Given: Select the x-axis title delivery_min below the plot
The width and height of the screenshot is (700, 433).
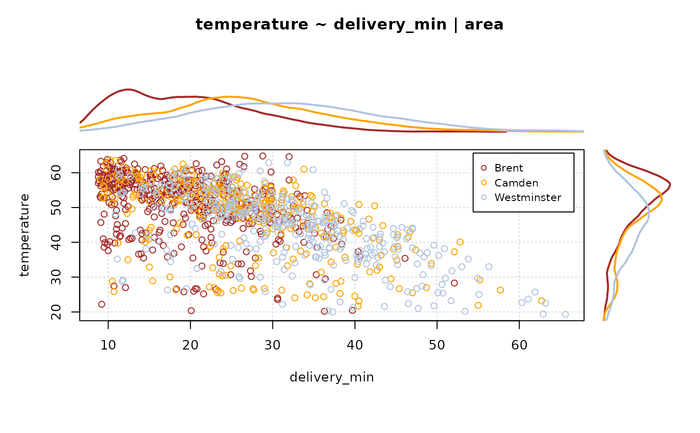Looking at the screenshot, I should [331, 377].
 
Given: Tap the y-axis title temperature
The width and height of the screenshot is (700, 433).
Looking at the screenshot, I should [24, 235].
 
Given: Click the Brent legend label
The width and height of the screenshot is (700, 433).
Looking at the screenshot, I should [508, 167].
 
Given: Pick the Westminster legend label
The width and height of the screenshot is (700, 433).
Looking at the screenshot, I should [527, 197].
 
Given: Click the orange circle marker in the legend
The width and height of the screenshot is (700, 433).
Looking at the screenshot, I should [483, 182].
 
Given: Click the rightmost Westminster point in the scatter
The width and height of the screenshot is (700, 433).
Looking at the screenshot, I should [565, 314].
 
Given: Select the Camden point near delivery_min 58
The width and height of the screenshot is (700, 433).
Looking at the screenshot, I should [500, 290].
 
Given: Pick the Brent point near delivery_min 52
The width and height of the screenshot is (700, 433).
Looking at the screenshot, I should [454, 283].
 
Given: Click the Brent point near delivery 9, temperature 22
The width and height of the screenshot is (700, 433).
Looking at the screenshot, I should [101, 304].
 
